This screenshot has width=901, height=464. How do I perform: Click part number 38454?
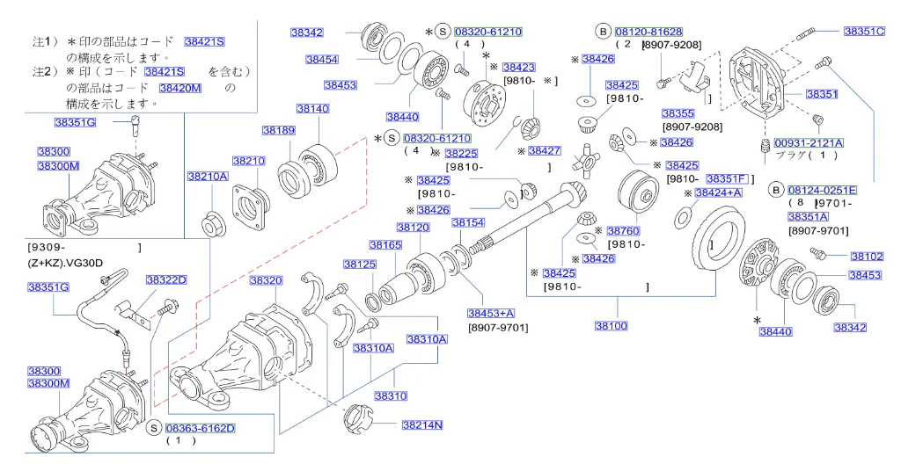tap(322, 59)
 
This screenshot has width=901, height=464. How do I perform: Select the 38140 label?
tap(312, 109)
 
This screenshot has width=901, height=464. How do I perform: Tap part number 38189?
tap(279, 130)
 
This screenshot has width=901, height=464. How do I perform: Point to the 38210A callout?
tap(208, 177)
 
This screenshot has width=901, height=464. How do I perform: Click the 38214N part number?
tap(422, 425)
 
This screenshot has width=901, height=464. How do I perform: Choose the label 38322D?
tap(166, 279)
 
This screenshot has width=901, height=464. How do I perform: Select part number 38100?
tap(612, 326)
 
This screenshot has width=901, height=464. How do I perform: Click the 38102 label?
tap(867, 256)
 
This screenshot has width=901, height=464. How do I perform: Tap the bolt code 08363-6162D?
tap(200, 428)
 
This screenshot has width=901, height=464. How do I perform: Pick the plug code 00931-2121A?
tap(809, 143)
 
